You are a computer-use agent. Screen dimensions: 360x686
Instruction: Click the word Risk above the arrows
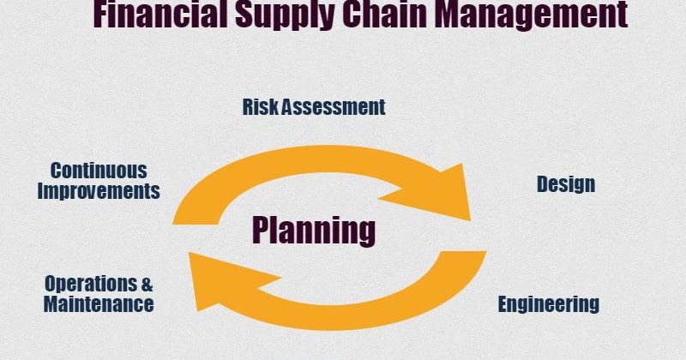pos(259,107)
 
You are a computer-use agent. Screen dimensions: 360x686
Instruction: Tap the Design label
pos(566,183)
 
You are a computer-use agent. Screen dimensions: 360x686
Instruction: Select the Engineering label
pos(549,303)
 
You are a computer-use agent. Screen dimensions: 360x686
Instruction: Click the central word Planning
pos(314,230)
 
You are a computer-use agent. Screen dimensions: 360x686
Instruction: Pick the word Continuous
pos(98,171)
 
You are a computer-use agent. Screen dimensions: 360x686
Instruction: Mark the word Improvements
pos(99,190)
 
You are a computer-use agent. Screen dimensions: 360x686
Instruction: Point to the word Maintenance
pos(99,303)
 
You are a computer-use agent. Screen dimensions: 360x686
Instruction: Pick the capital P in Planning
pos(262,230)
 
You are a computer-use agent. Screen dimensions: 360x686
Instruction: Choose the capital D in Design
pos(542,183)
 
